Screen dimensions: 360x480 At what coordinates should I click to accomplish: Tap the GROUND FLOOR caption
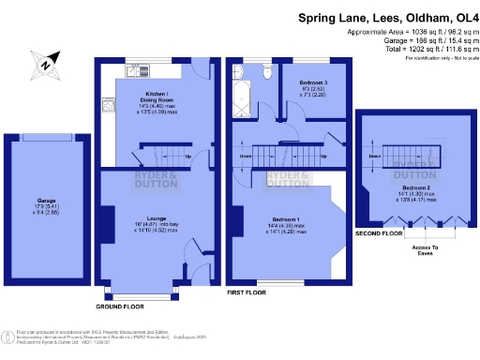(x=120, y=307)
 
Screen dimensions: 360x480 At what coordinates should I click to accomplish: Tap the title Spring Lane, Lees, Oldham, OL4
(x=386, y=17)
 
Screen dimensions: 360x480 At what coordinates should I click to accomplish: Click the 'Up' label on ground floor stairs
(x=188, y=156)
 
